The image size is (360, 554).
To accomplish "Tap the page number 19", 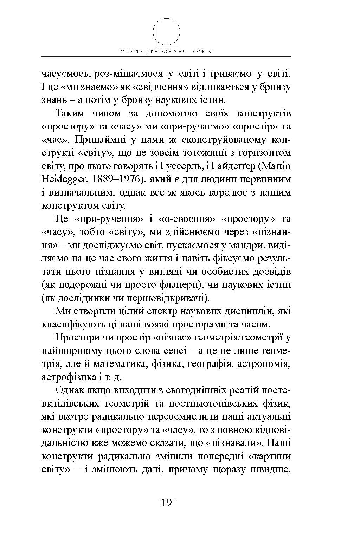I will [x=166, y=503].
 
